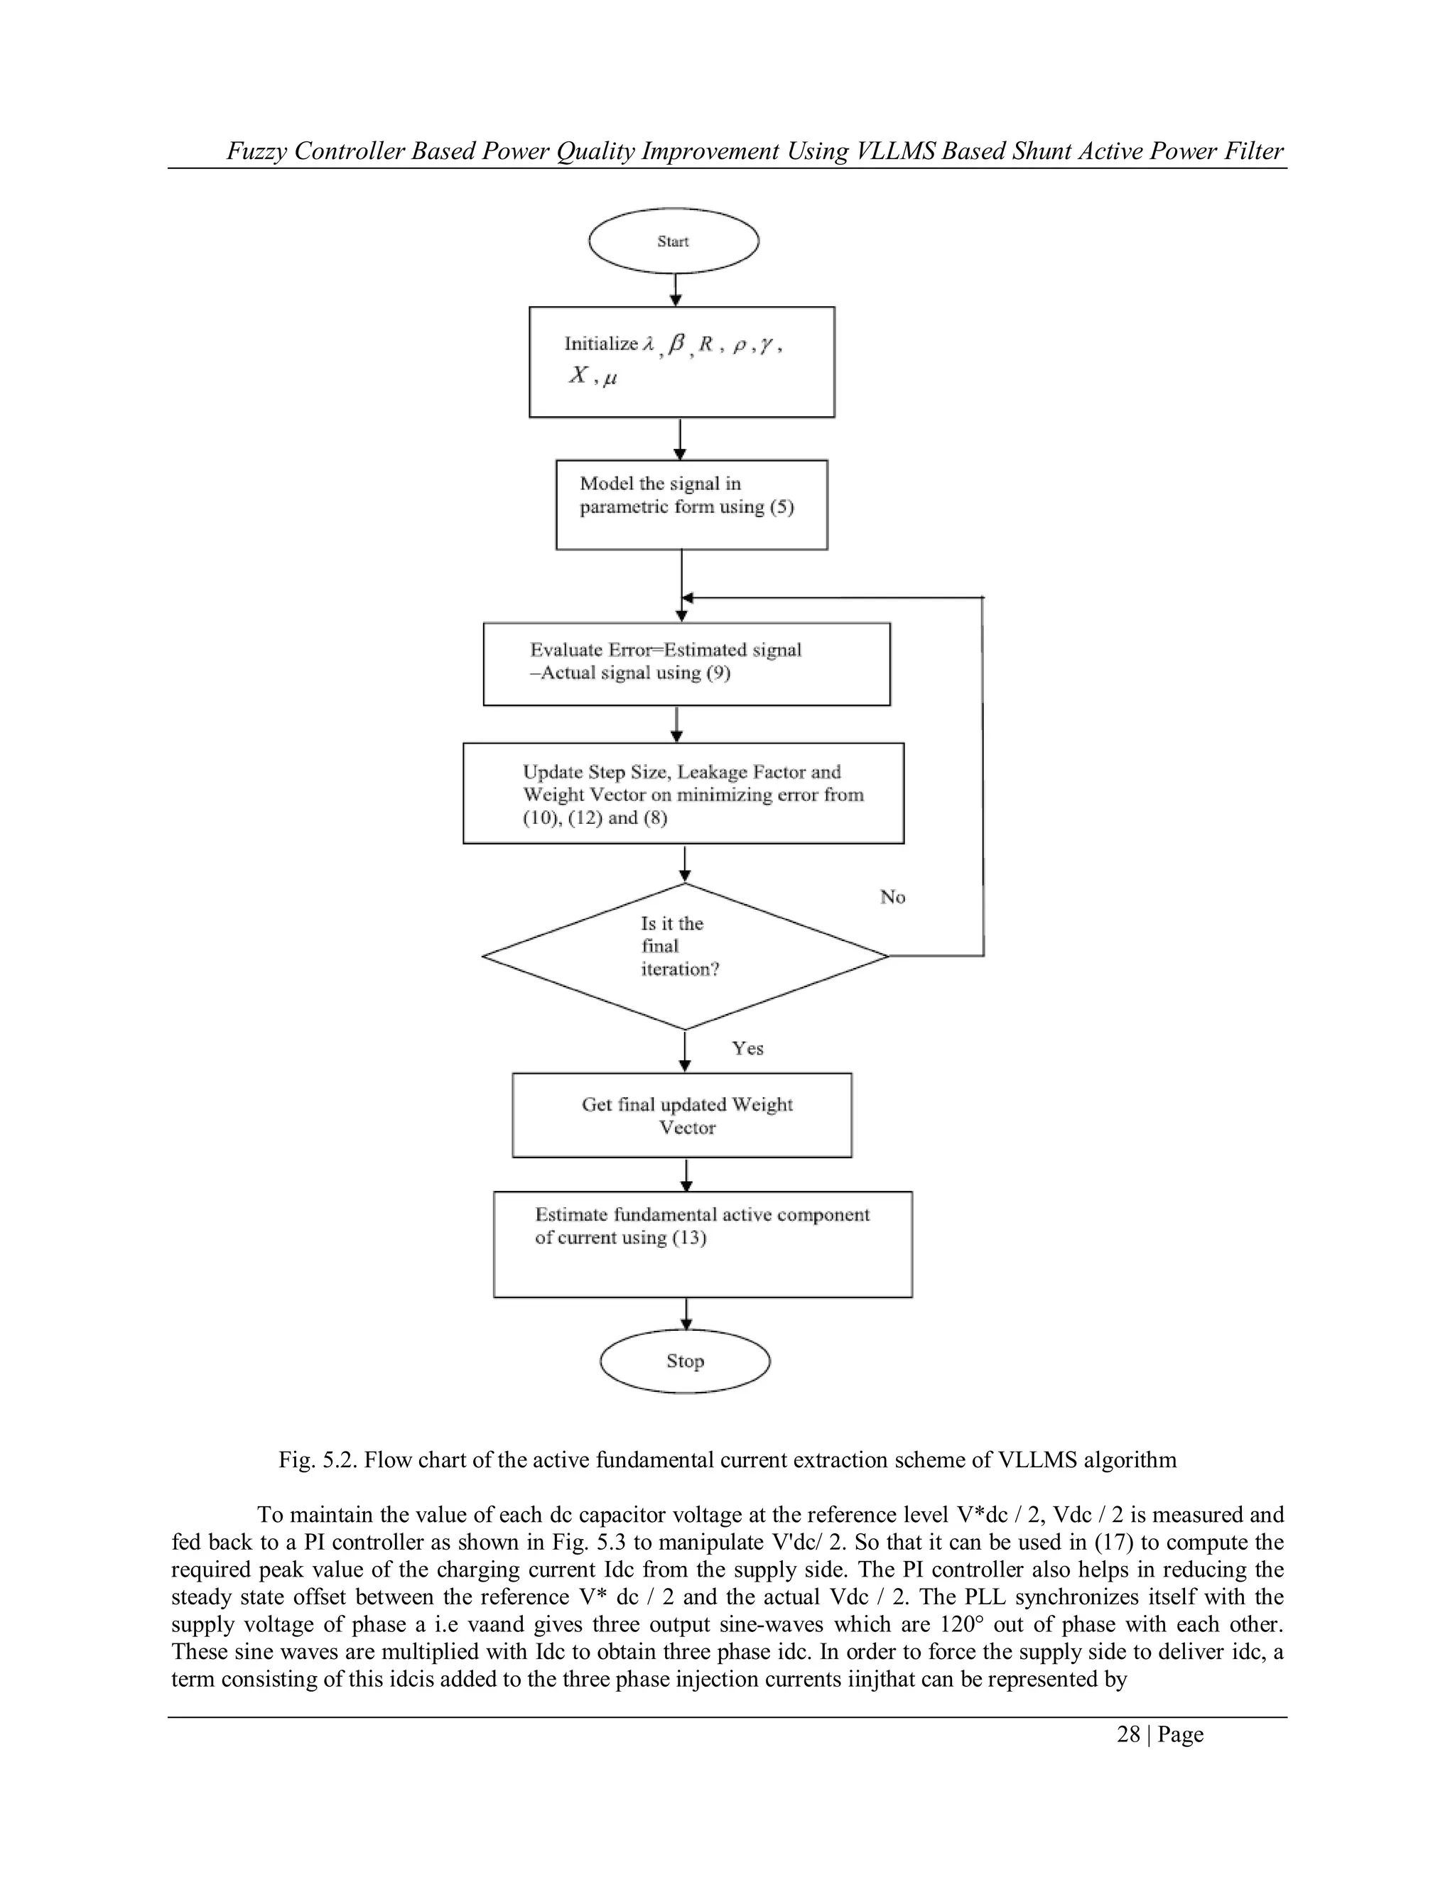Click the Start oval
point(674,241)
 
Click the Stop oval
point(684,1361)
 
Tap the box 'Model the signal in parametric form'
point(691,505)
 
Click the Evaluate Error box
point(686,663)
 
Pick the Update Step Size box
point(683,793)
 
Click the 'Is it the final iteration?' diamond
point(684,957)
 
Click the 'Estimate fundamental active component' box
point(702,1244)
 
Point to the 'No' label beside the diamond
point(892,897)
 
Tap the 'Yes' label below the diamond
point(747,1048)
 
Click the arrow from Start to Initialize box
point(676,290)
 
